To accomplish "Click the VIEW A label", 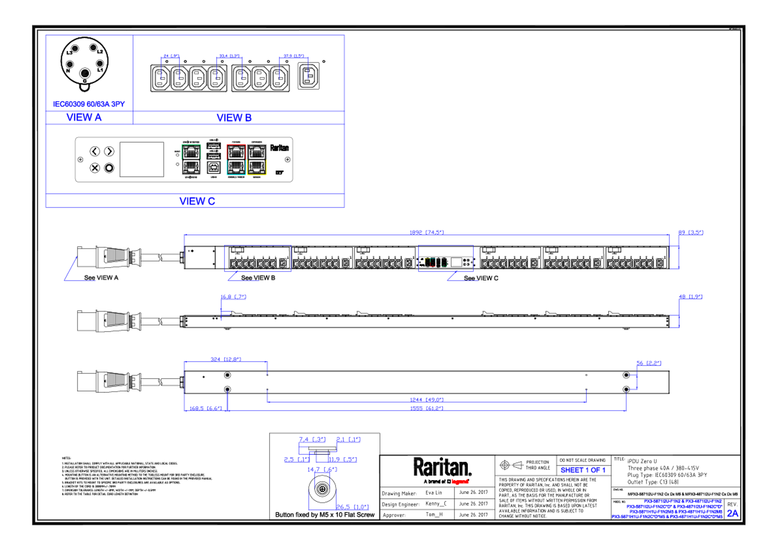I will (84, 117).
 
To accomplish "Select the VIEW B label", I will (234, 118).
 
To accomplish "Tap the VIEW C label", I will (197, 201).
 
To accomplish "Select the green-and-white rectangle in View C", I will (191, 160).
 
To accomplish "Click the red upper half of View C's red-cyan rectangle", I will (236, 152).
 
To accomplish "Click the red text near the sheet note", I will (460, 481).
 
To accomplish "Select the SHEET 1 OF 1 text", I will (583, 470).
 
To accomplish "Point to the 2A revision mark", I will (733, 513).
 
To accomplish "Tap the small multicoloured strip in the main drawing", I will (445, 262).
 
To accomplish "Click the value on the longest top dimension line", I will (427, 232).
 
